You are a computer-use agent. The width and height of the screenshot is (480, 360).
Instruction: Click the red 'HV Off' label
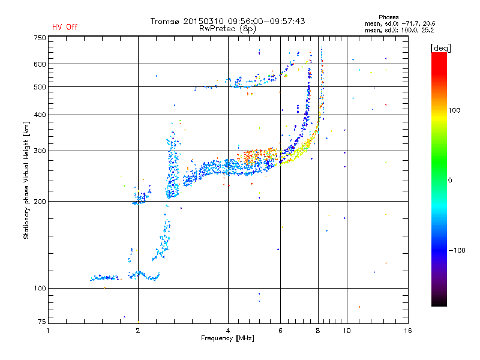(x=64, y=27)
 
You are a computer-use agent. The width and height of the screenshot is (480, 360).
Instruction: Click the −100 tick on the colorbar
(x=459, y=250)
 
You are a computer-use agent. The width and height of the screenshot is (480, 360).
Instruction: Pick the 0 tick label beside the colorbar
(x=451, y=180)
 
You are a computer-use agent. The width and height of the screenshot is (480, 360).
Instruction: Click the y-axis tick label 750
(x=39, y=38)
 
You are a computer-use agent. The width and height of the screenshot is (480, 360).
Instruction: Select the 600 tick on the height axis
(x=39, y=64)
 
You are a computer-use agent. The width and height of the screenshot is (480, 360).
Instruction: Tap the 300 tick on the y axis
(x=39, y=151)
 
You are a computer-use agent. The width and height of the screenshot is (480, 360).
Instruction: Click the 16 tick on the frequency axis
(x=408, y=331)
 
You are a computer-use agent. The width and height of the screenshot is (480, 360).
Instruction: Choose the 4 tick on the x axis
(x=228, y=331)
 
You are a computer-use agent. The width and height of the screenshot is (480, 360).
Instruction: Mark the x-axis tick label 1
(x=49, y=331)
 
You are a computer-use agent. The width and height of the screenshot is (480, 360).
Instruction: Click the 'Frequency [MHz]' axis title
(x=228, y=339)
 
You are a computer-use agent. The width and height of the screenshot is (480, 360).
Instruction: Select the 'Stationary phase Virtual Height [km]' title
(x=26, y=180)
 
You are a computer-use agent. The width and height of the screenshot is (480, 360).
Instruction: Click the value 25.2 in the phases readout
(x=427, y=29)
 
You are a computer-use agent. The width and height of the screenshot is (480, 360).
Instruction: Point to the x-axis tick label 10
(x=346, y=331)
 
